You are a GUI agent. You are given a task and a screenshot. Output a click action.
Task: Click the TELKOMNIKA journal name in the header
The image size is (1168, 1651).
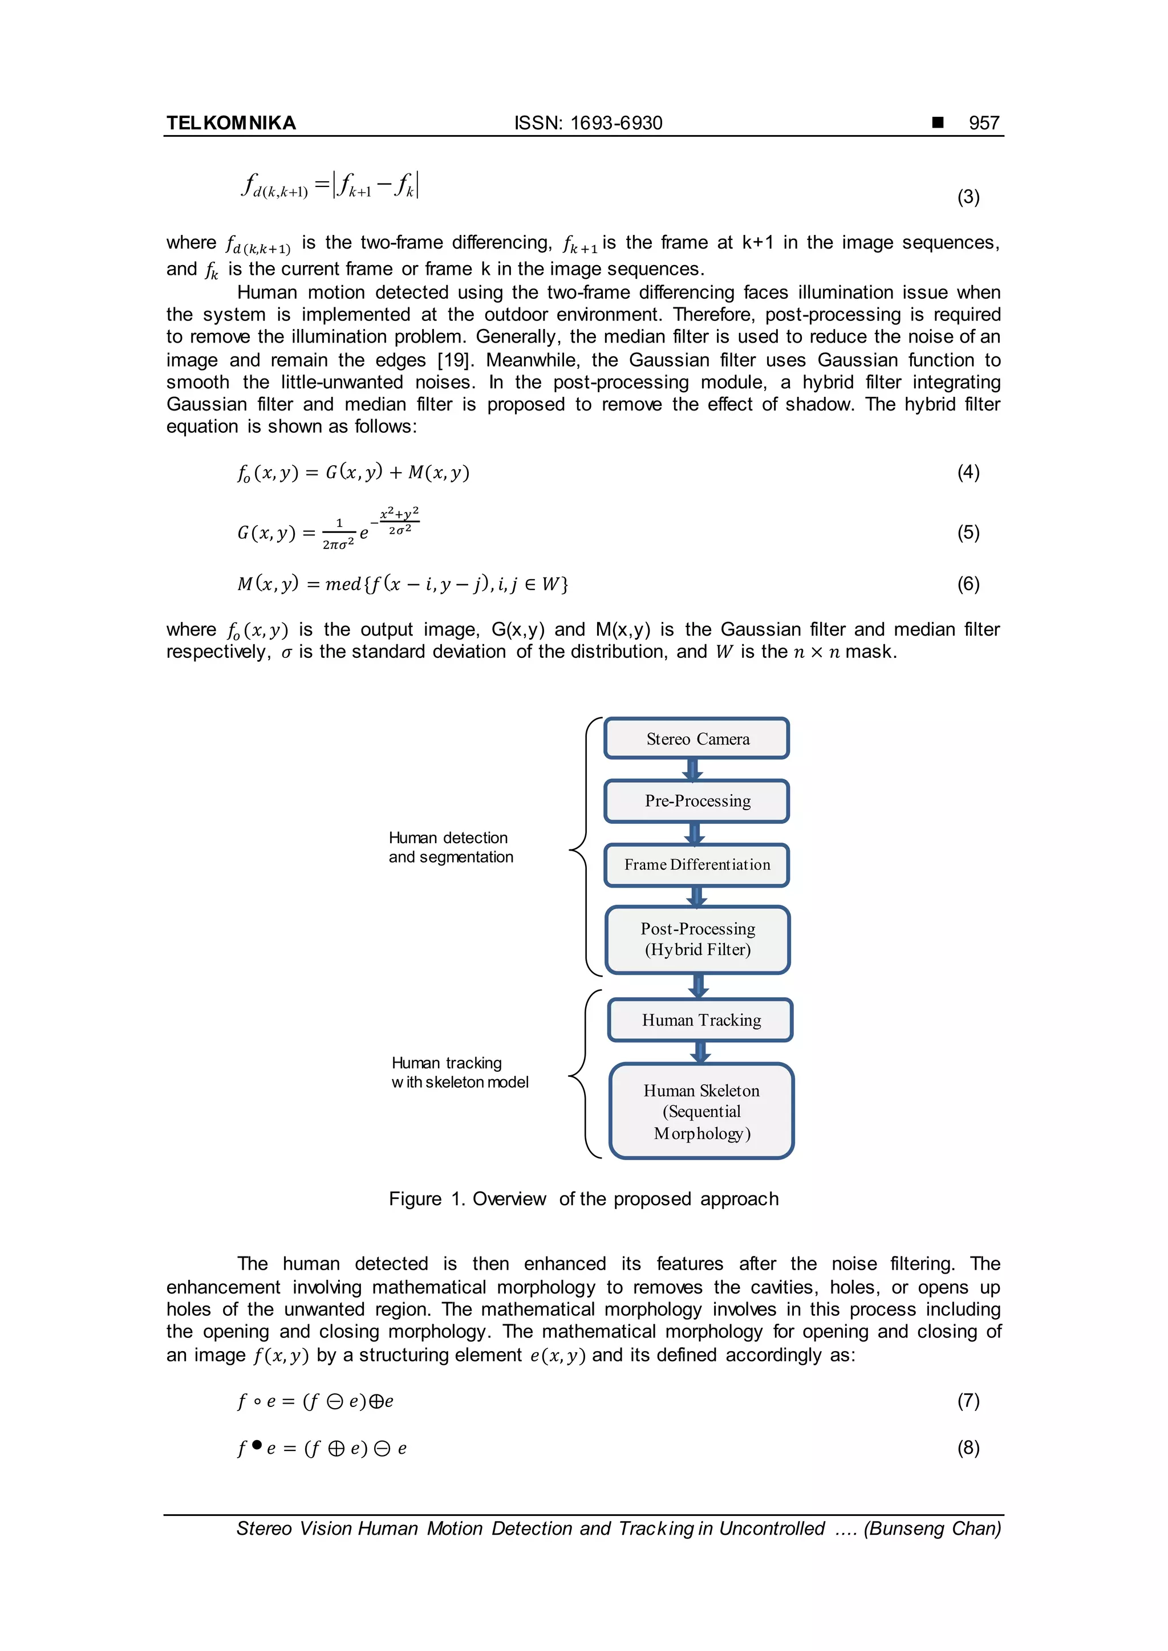[231, 123]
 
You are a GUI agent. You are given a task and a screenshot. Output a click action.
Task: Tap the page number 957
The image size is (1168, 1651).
[983, 123]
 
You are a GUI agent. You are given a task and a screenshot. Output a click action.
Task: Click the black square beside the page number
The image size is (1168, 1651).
[938, 122]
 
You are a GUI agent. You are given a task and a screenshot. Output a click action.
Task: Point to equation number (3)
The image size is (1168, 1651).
[968, 197]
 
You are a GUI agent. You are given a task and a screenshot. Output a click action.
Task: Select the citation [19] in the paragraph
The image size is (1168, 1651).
[453, 360]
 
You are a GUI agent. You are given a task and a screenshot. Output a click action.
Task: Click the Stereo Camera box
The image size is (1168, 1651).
[697, 738]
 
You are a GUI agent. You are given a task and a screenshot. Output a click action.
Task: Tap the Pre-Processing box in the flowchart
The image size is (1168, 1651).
[697, 801]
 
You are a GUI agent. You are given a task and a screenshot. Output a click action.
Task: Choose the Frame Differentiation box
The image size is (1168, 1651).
[697, 864]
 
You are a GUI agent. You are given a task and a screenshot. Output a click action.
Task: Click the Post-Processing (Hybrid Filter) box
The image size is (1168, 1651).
[697, 939]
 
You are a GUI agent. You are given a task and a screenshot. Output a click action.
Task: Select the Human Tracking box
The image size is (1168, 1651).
[700, 1020]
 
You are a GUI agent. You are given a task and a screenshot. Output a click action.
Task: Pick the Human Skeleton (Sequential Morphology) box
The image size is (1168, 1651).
[701, 1111]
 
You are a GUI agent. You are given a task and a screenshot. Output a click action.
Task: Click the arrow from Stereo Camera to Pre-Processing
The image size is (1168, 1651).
[692, 770]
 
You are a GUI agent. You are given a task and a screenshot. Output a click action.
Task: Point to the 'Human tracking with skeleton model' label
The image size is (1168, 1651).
[459, 1072]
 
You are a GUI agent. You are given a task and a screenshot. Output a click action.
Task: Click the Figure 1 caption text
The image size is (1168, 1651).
[583, 1199]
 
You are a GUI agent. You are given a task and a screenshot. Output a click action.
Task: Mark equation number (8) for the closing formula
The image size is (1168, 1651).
[968, 1447]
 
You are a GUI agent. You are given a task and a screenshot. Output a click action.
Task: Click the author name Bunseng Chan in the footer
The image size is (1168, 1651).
[933, 1528]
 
